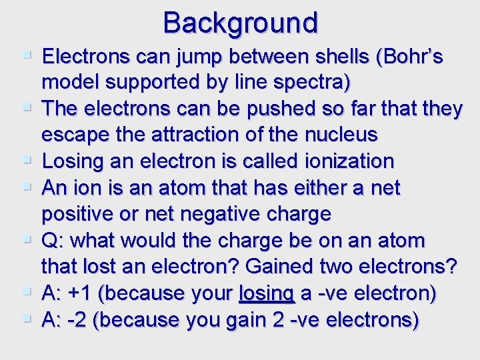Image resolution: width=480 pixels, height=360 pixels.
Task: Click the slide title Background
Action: pyautogui.click(x=240, y=23)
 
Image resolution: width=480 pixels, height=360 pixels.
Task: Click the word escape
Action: pyautogui.click(x=73, y=135)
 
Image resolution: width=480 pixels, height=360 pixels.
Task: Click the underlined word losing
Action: pyautogui.click(x=266, y=293)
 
